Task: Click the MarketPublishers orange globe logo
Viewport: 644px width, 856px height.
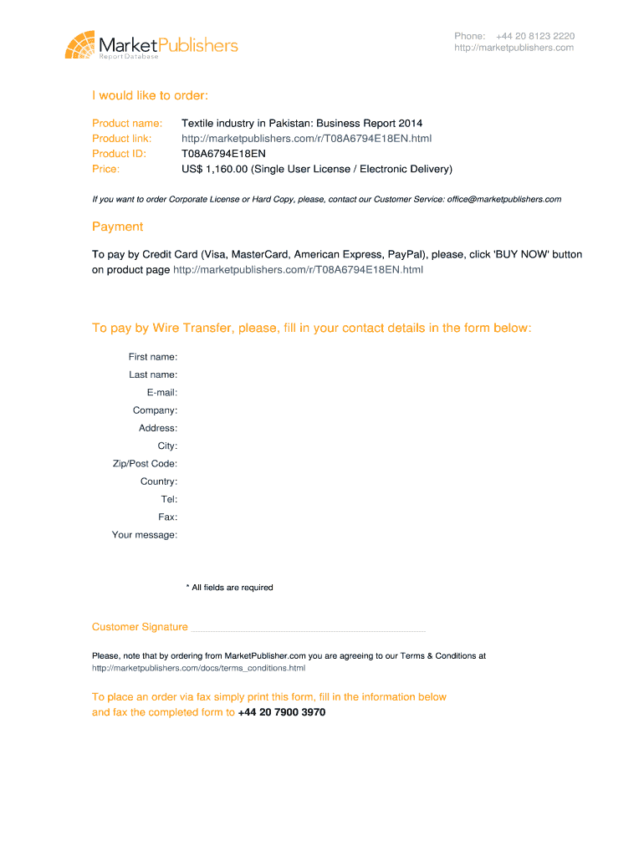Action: pyautogui.click(x=80, y=44)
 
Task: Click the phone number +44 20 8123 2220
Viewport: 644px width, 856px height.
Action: pyautogui.click(x=534, y=36)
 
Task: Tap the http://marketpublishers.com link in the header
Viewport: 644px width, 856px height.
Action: pyautogui.click(x=514, y=48)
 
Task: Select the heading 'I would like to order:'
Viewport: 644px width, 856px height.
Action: pyautogui.click(x=150, y=95)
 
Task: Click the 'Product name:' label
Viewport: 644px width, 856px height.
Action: pyautogui.click(x=127, y=123)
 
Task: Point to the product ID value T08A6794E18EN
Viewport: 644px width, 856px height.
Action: pyautogui.click(x=223, y=154)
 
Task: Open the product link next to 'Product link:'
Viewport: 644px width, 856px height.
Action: pyautogui.click(x=306, y=138)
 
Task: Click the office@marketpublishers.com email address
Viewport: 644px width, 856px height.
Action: pyautogui.click(x=503, y=199)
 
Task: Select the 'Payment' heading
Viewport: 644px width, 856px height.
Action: pyautogui.click(x=117, y=227)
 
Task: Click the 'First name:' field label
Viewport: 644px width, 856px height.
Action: pyautogui.click(x=152, y=357)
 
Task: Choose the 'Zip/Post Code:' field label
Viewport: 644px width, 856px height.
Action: pyautogui.click(x=145, y=464)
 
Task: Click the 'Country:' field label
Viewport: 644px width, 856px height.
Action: pyautogui.click(x=159, y=481)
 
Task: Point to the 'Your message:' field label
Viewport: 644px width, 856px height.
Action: pyautogui.click(x=145, y=535)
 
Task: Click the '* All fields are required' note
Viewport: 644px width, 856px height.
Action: pyautogui.click(x=229, y=588)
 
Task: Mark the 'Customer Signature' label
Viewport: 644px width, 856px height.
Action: pyautogui.click(x=140, y=627)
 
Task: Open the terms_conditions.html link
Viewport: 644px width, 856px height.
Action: pyautogui.click(x=198, y=669)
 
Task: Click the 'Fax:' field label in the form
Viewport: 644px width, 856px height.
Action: pyautogui.click(x=167, y=517)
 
